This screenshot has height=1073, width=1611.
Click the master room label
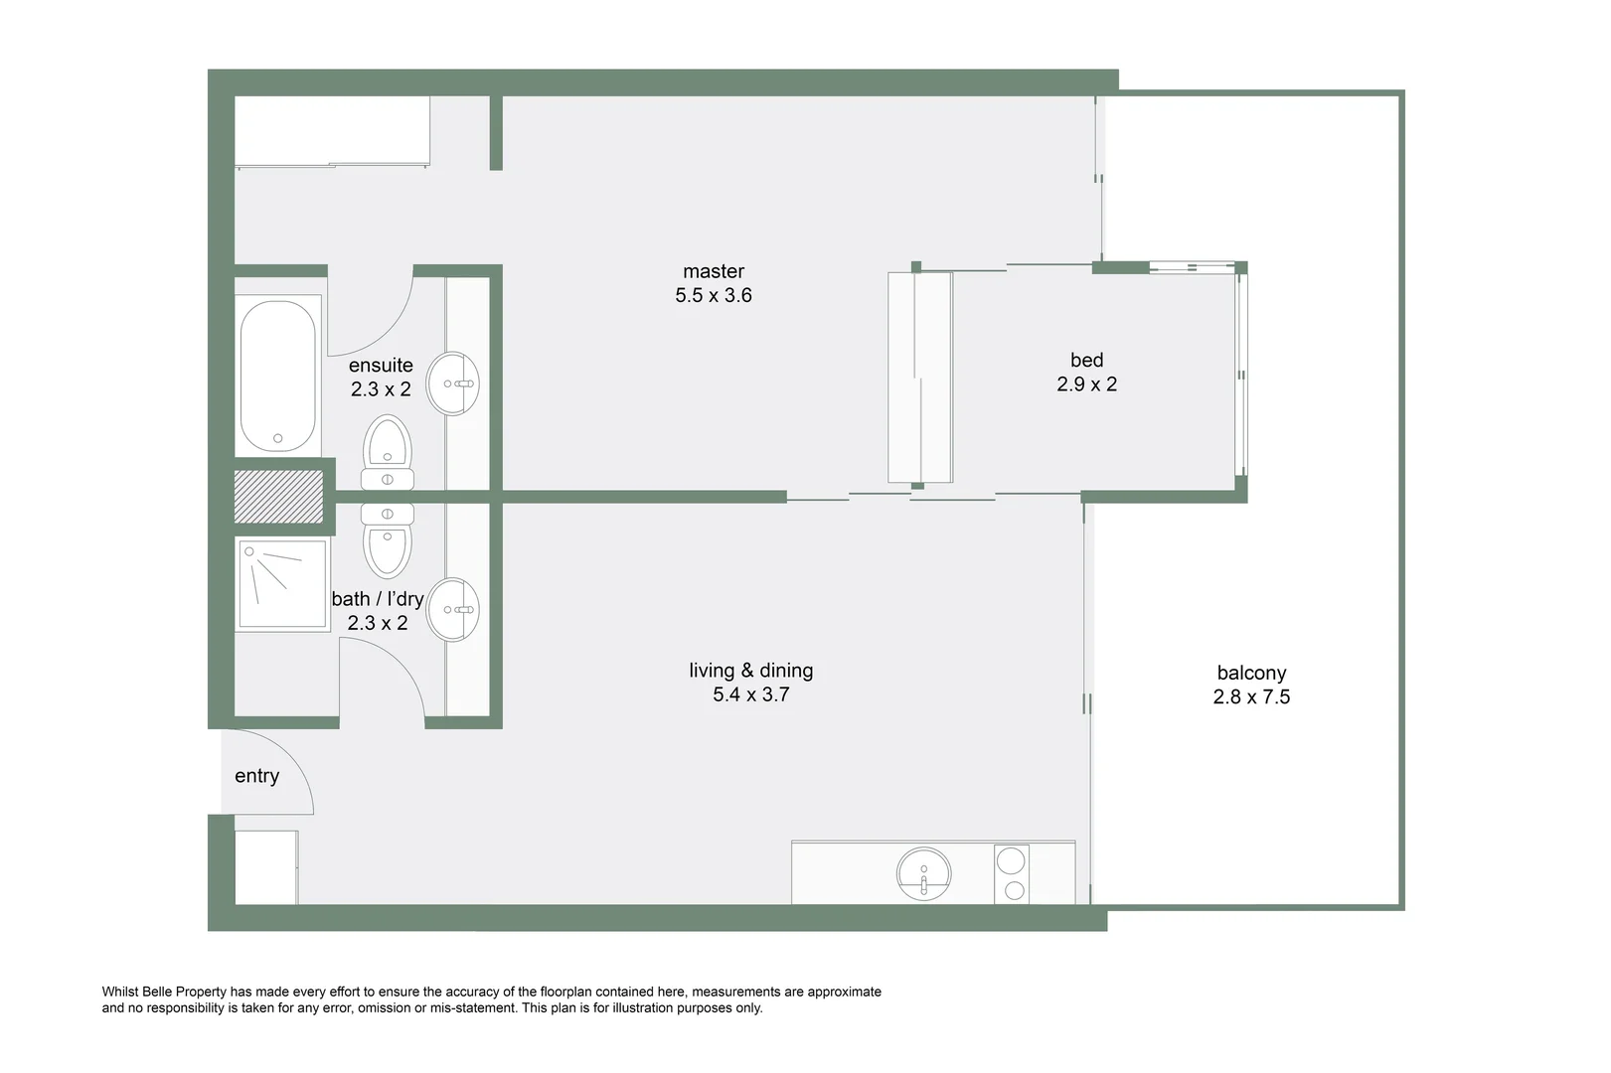pos(713,271)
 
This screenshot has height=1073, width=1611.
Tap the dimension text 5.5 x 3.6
pos(713,295)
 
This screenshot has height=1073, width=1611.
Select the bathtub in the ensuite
pos(278,376)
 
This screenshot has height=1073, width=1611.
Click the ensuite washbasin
pos(453,383)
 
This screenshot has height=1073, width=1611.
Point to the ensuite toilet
pos(388,453)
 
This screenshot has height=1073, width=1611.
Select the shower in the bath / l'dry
pos(282,584)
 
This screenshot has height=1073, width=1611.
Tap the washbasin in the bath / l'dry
pos(453,609)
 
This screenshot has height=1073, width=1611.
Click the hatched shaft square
pos(278,497)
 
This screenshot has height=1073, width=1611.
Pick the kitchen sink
pos(923,874)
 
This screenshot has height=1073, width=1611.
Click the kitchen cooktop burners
pos(1013,874)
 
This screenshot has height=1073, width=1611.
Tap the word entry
pos(256,776)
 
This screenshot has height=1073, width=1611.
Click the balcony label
pos(1251,673)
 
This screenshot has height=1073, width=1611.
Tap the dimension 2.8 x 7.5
pos(1251,697)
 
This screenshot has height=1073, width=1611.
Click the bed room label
pos(1086,360)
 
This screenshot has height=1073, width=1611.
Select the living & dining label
pos(750,671)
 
